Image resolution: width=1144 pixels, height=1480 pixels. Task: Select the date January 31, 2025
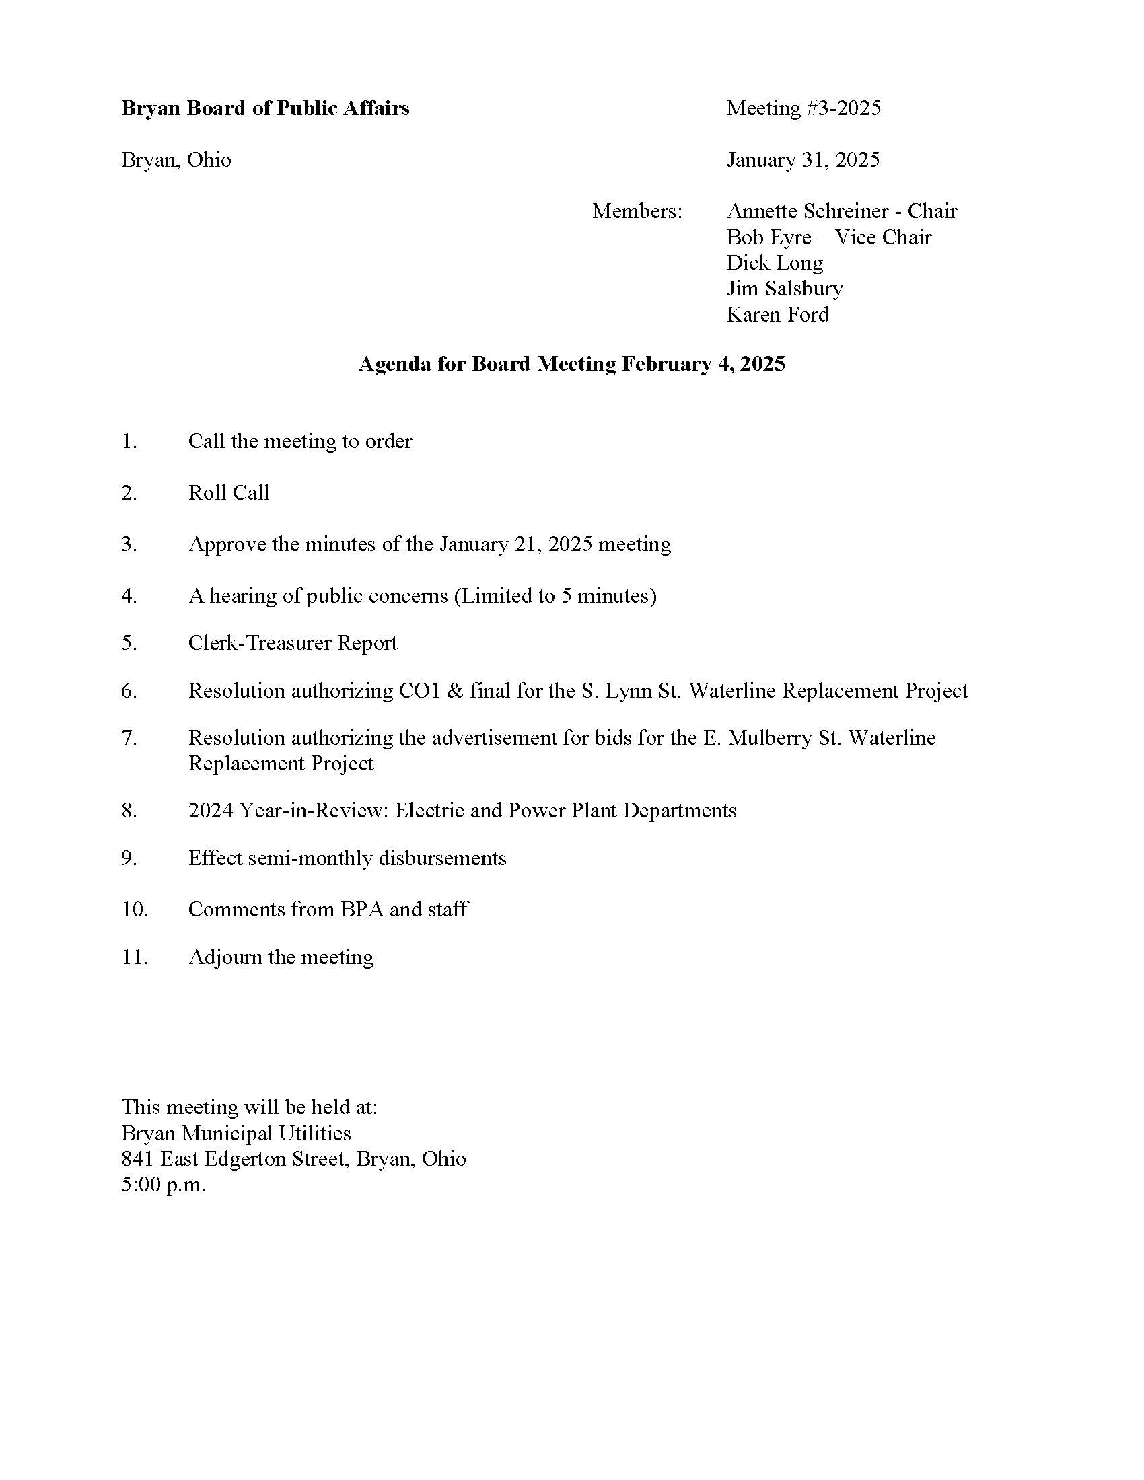point(803,160)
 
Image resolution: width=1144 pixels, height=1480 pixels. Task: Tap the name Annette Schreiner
point(806,211)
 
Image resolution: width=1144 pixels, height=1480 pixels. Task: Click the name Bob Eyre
point(769,237)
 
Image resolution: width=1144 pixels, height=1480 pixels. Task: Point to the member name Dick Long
point(775,263)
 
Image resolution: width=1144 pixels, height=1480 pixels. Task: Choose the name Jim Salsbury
point(785,289)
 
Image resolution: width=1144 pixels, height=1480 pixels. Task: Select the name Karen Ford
point(777,314)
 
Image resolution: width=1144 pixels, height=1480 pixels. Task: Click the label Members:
point(637,211)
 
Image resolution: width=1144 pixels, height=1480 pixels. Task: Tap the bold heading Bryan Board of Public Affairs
point(265,108)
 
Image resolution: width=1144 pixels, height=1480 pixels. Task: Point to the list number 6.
point(129,691)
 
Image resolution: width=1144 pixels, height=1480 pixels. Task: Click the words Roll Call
point(228,492)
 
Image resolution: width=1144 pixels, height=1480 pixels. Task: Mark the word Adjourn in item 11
point(225,957)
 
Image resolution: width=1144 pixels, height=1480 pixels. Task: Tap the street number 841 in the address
point(137,1160)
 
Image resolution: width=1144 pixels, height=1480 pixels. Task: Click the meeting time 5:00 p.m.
point(163,1185)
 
